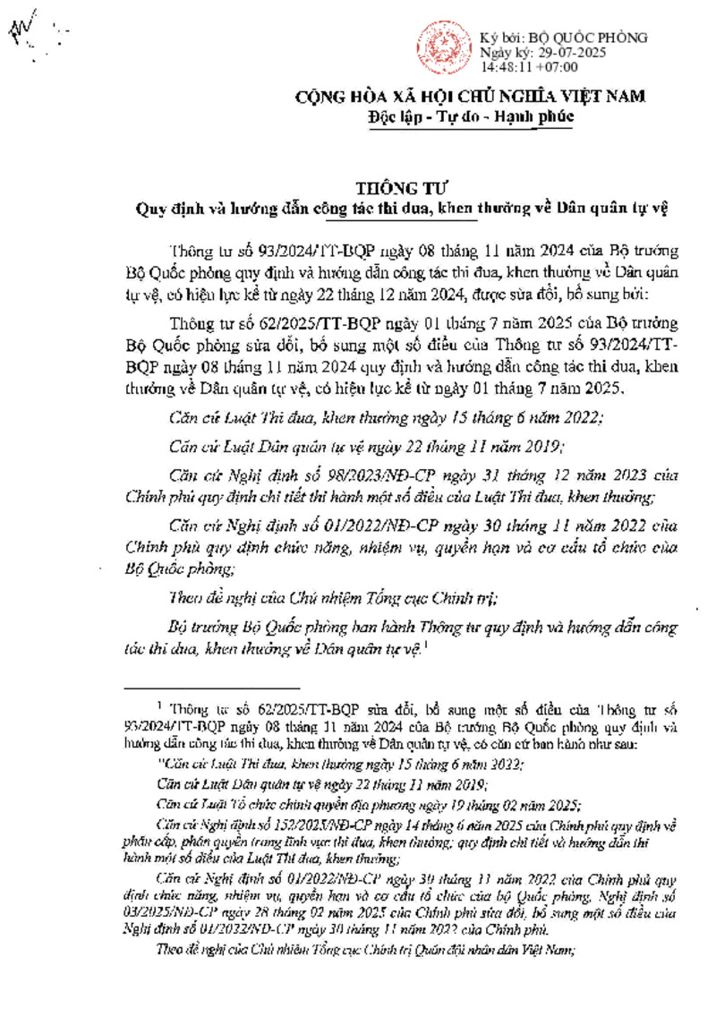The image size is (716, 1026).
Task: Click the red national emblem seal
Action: point(442,47)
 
